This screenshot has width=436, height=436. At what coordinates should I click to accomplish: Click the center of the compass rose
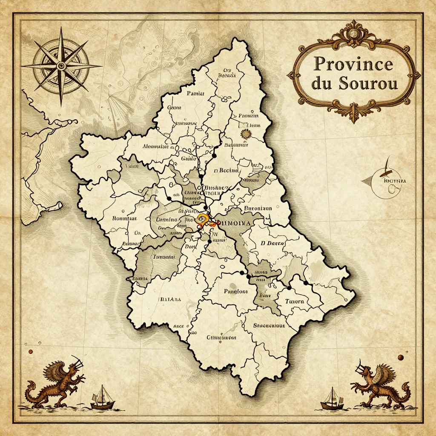pyautogui.click(x=61, y=66)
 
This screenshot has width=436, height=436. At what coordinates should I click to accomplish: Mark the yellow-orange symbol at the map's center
pyautogui.click(x=203, y=221)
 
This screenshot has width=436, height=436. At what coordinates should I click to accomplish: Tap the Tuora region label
pyautogui.click(x=295, y=301)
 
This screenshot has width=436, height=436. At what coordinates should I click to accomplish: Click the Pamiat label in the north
pyautogui.click(x=195, y=93)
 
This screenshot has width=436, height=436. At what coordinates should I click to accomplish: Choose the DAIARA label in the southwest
pyautogui.click(x=170, y=299)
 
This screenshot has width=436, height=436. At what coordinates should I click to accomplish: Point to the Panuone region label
pyautogui.click(x=235, y=292)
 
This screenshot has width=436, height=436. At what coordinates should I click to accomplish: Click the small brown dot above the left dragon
pyautogui.click(x=31, y=352)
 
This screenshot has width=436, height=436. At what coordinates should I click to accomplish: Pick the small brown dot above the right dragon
pyautogui.click(x=400, y=357)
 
